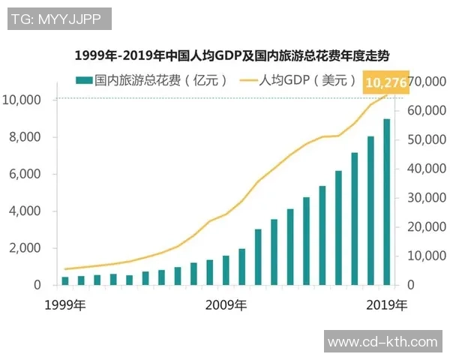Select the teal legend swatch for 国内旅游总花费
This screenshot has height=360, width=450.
83,79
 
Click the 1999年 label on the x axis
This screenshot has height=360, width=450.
65,305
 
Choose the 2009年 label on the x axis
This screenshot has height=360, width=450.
226,305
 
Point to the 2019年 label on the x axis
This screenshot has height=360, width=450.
387,305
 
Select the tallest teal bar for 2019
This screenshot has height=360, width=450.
386,202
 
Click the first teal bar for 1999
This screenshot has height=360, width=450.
65,280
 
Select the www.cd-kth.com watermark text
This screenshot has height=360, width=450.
382,342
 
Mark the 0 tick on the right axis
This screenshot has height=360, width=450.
413,285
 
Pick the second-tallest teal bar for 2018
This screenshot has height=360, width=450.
370,211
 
